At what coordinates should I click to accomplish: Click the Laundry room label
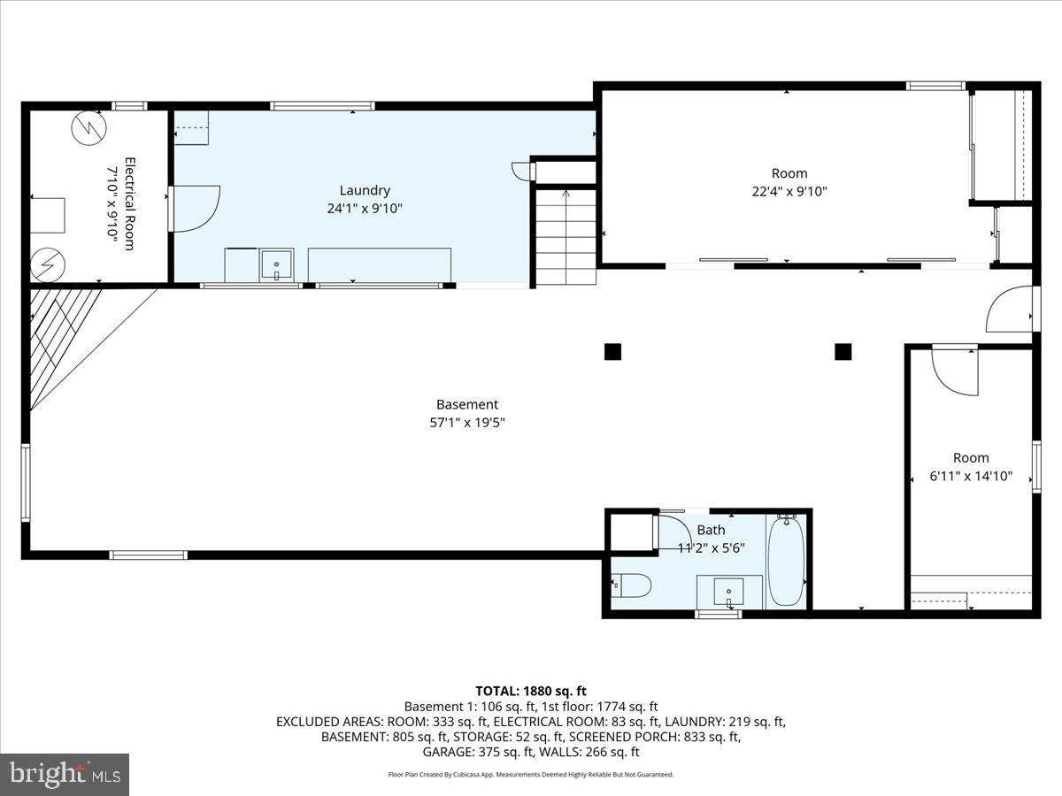click(x=365, y=190)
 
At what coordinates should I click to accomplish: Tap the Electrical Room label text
click(x=129, y=203)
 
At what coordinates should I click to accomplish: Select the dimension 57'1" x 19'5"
click(x=466, y=423)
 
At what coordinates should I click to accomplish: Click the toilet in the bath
click(x=633, y=585)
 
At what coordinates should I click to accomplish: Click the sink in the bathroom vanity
click(x=728, y=590)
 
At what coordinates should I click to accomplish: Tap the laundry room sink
click(x=276, y=264)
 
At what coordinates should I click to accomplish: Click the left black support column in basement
click(x=612, y=352)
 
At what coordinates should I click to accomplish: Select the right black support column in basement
click(x=843, y=352)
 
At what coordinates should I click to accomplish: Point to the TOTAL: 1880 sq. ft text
click(x=531, y=691)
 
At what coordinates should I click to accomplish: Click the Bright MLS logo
click(x=65, y=774)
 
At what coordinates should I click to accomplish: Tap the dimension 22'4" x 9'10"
click(x=789, y=191)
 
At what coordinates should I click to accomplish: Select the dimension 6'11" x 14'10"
click(x=971, y=476)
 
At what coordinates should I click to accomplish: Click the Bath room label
click(x=711, y=530)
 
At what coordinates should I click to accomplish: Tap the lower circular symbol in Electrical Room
click(x=48, y=264)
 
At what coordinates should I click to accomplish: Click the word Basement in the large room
click(x=466, y=405)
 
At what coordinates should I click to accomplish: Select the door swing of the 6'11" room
click(x=954, y=371)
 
